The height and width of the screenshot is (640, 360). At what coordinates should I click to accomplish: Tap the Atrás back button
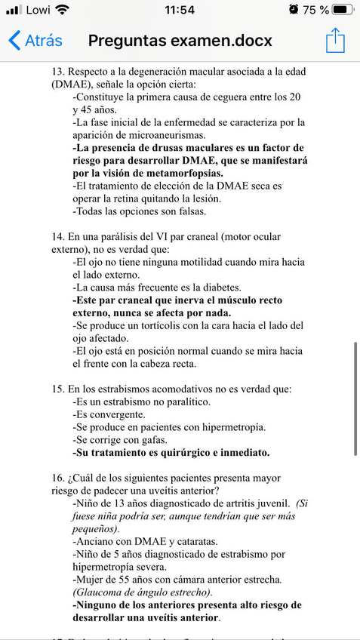point(35,40)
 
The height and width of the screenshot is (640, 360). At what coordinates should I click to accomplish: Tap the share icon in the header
point(335,40)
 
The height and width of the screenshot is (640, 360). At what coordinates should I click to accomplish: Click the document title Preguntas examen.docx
point(180,40)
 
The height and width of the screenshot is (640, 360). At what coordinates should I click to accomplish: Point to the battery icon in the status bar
point(343,10)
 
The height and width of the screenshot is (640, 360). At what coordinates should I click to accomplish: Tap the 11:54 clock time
point(179,10)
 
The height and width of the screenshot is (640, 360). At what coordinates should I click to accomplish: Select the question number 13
point(58,71)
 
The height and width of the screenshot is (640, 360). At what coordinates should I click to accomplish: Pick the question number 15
point(58,389)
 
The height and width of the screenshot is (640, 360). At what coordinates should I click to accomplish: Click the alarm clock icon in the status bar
point(293,10)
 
